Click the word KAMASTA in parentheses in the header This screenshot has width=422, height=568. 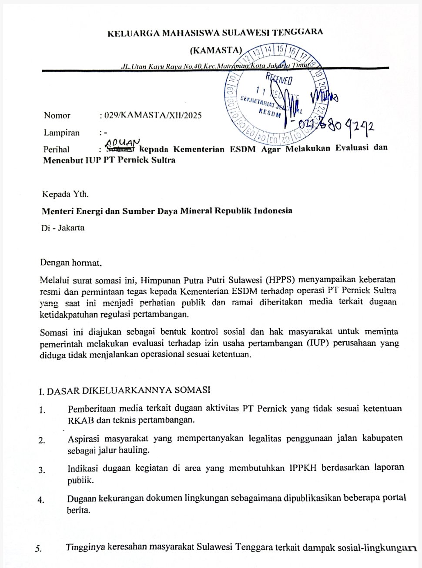216,50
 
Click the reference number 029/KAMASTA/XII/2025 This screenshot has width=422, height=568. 151,116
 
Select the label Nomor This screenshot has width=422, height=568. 57,116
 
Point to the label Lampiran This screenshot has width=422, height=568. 61,133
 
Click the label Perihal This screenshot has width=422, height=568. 57,149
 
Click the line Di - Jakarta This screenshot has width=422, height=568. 63,228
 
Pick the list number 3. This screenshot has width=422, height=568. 42,470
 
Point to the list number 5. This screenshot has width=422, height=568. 39,548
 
